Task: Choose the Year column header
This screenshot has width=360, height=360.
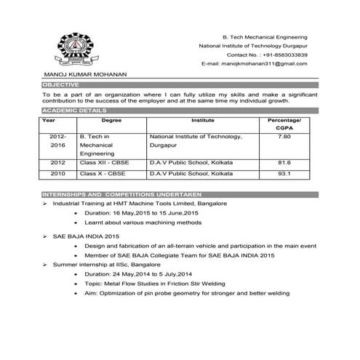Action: coord(49,119)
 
